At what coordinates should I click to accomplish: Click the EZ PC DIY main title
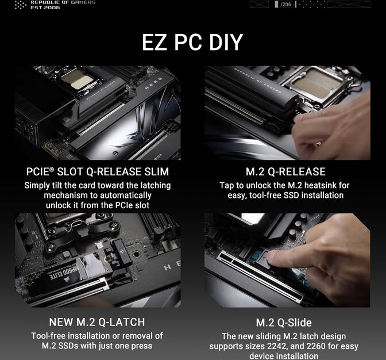pyautogui.click(x=192, y=43)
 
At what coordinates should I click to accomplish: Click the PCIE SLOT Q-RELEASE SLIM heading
pyautogui.click(x=97, y=171)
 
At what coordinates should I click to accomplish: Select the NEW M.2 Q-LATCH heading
pyautogui.click(x=97, y=321)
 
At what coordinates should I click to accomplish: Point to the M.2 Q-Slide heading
pyautogui.click(x=284, y=323)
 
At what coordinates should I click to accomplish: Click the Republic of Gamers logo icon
pyautogui.click(x=20, y=5)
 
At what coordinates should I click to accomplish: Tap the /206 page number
pyautogui.click(x=285, y=5)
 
